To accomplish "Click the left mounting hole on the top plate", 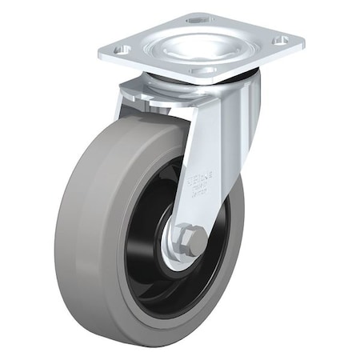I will [122, 50].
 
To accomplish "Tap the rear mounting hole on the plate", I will [198, 17].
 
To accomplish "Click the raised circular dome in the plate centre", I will [199, 44].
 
